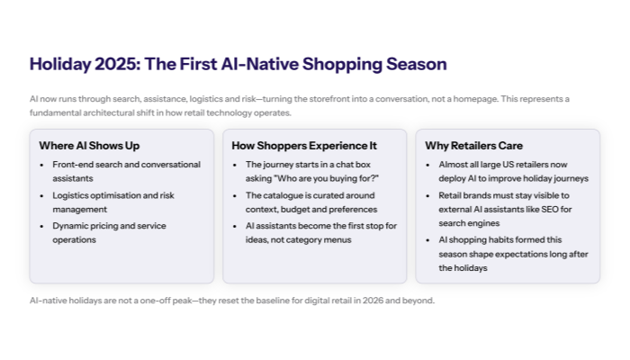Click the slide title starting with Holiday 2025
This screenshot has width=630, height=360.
[x=238, y=65]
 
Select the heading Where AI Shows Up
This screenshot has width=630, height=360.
[x=89, y=145]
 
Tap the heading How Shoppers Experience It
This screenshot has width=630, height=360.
[x=303, y=145]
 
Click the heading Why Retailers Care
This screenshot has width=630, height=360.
[x=473, y=145]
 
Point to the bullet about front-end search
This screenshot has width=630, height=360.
[x=108, y=172]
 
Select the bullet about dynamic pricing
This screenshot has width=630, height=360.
[x=108, y=232]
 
